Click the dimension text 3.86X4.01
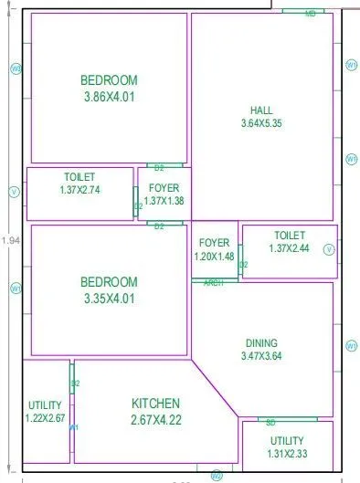(x=109, y=96)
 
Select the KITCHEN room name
(x=155, y=403)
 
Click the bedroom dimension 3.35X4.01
(x=109, y=298)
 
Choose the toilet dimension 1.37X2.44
(x=290, y=248)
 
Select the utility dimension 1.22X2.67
(x=46, y=417)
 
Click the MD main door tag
(x=311, y=14)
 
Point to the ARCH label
(x=214, y=282)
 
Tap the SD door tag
(x=271, y=422)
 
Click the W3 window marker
(x=15, y=69)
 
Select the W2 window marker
(x=217, y=476)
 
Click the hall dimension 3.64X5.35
(x=261, y=122)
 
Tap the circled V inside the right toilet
(x=330, y=248)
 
